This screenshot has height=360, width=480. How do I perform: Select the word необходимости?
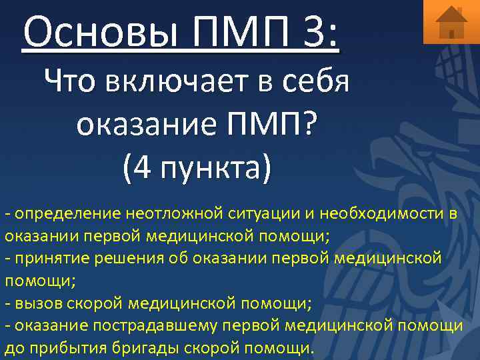[382, 213]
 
